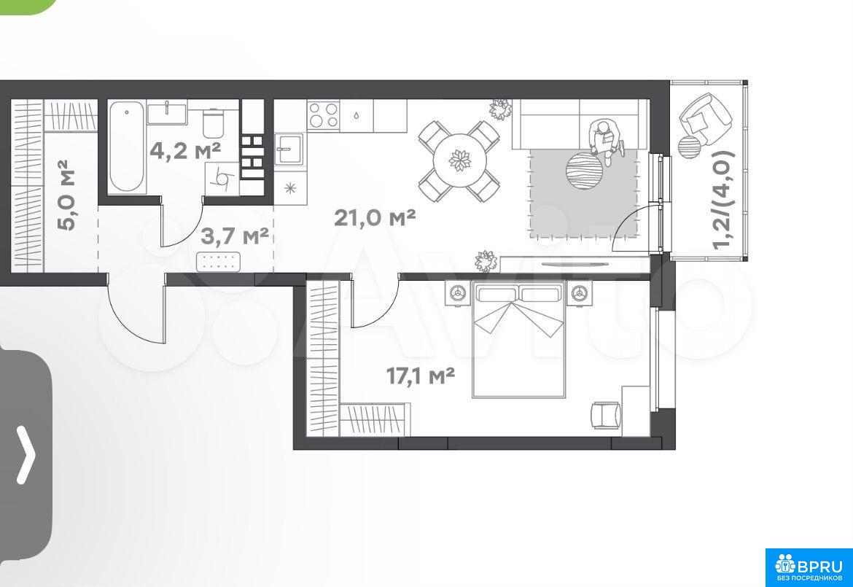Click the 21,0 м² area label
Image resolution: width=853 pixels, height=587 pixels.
point(375,217)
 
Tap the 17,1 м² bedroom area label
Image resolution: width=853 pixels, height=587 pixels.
point(421,376)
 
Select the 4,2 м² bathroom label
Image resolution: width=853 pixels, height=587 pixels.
point(185,150)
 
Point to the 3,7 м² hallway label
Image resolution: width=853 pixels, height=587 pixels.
point(235,236)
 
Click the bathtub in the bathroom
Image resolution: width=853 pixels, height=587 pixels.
point(126,147)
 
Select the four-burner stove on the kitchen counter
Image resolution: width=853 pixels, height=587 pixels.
point(323,114)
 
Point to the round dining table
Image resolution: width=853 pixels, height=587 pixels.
point(460,161)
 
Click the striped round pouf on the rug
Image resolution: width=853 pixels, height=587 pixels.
point(584,171)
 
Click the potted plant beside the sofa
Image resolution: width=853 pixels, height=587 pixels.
point(499,109)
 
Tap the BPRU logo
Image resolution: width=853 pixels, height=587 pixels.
point(809,567)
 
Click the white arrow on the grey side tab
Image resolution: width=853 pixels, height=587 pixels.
point(26,455)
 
